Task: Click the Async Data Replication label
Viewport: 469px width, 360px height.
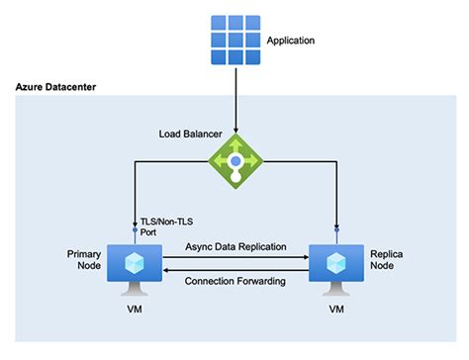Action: coord(234,246)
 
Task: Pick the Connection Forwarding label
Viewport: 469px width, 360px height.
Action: coord(234,281)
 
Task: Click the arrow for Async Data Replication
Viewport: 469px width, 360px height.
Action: coord(234,258)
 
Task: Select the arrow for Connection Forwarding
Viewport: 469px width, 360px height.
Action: coord(234,268)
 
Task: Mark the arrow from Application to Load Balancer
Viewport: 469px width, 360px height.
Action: coord(235,99)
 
